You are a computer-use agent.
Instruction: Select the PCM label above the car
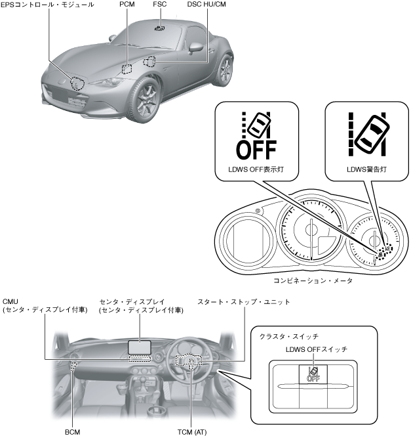(128, 5)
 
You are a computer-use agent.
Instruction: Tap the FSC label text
(159, 5)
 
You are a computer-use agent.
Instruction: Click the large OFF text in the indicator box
(256, 148)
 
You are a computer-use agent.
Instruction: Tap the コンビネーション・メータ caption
(313, 280)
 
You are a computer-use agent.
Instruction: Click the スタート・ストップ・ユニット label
(244, 302)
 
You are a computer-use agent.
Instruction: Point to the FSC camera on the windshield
(159, 28)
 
